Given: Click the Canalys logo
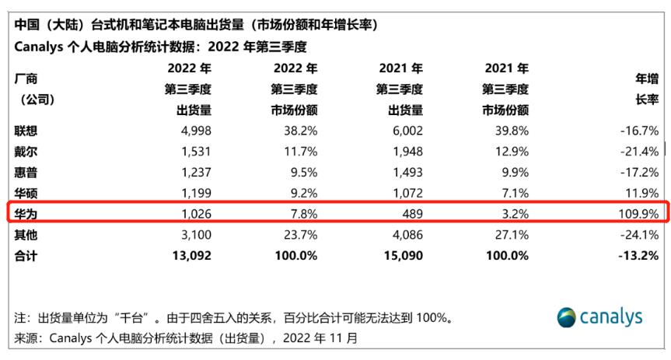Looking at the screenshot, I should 600,316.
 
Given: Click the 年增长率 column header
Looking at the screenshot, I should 647,89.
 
